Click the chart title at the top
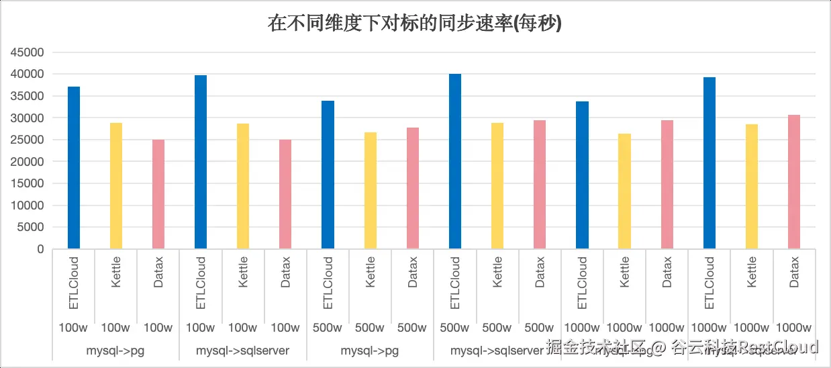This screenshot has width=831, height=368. (415, 24)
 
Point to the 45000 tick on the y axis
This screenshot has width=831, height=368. (30, 52)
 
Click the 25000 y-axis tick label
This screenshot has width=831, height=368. (30, 140)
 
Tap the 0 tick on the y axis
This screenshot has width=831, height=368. (41, 249)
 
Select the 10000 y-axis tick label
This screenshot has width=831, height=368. (30, 205)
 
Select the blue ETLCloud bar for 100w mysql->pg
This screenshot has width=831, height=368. (74, 168)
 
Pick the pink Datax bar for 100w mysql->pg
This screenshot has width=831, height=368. (158, 194)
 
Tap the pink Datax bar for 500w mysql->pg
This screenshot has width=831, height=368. (412, 188)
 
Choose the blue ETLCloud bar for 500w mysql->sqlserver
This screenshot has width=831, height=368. (454, 161)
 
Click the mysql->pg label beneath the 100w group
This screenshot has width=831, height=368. (115, 351)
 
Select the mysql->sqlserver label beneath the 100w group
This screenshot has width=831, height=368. (242, 351)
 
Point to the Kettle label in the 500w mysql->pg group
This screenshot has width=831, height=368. (371, 272)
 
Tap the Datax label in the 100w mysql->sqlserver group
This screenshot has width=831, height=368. (285, 272)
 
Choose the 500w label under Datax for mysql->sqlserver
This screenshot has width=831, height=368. (539, 328)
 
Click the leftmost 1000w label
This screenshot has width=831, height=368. (582, 328)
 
